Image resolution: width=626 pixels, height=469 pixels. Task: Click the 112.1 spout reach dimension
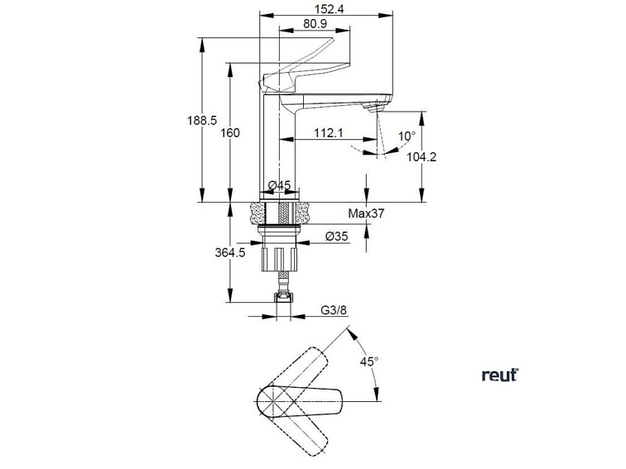(329, 132)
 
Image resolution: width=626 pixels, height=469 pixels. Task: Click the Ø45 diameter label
(279, 185)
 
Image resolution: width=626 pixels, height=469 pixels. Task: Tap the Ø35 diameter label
(336, 237)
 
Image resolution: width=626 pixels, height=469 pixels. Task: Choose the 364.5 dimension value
(230, 253)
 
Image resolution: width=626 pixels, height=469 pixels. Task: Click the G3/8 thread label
(333, 312)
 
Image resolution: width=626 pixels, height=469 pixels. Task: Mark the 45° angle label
(368, 361)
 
